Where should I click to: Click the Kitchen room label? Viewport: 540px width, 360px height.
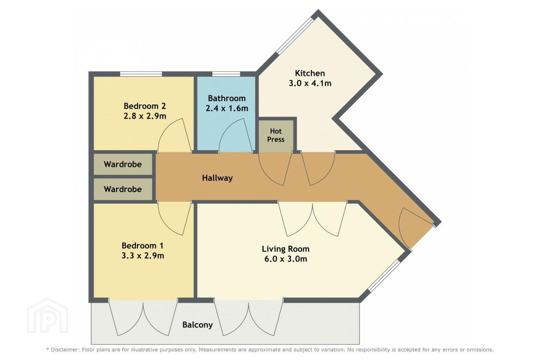(x=310, y=73)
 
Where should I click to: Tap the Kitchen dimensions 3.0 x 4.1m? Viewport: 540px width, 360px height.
(x=310, y=83)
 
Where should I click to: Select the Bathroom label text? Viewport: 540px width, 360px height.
(x=226, y=98)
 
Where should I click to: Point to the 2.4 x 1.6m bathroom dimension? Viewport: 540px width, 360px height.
(x=227, y=108)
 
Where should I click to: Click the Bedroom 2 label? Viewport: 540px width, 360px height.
(x=145, y=106)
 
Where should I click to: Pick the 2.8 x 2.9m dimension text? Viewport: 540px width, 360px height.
(x=145, y=116)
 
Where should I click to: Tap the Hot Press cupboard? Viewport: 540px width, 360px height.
(x=276, y=135)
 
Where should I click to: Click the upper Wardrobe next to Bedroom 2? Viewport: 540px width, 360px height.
(x=123, y=164)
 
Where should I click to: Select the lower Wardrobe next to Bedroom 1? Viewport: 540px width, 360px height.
(x=123, y=189)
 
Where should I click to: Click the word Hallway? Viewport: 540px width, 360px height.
(x=217, y=178)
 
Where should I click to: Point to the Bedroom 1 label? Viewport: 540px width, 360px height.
(x=142, y=246)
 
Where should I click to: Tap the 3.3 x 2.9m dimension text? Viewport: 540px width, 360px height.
(x=143, y=256)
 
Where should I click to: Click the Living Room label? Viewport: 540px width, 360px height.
(x=286, y=249)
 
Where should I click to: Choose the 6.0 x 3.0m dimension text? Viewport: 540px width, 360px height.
(x=286, y=259)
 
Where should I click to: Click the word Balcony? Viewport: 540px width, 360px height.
(x=197, y=325)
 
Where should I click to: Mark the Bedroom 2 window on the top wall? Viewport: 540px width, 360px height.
(x=141, y=74)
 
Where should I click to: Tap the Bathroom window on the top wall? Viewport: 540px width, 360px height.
(x=226, y=74)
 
